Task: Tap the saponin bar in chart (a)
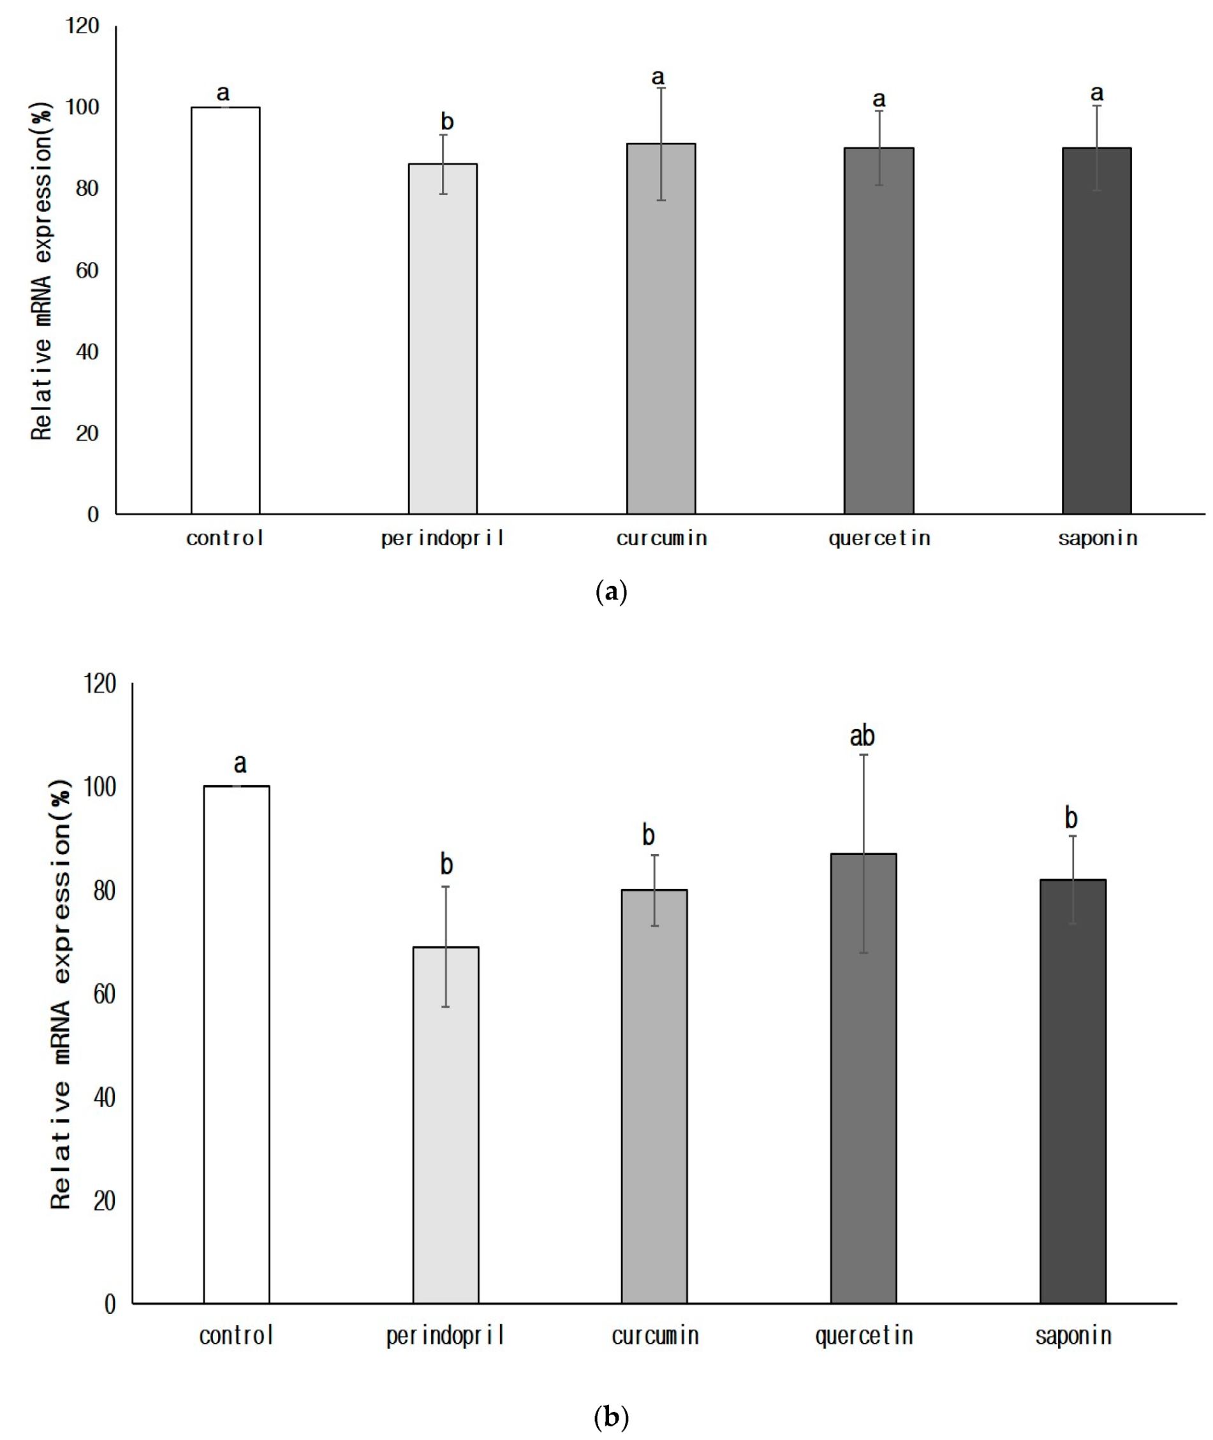1096,331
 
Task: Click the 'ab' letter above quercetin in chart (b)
862,737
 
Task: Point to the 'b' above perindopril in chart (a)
447,122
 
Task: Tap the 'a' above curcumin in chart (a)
658,77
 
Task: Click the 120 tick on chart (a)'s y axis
82,26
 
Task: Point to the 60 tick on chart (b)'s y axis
104,994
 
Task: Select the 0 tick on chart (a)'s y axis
93,515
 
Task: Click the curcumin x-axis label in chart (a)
661,538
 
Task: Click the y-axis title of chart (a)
41,272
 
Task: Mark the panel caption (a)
610,592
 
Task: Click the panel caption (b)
610,1416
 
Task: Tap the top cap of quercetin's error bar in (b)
864,755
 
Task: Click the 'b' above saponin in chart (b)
1071,818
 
